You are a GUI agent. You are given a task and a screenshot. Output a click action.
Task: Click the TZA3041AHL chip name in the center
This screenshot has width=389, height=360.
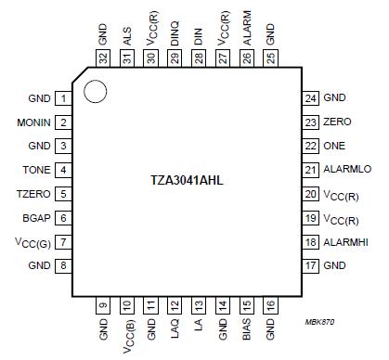pyautogui.click(x=193, y=179)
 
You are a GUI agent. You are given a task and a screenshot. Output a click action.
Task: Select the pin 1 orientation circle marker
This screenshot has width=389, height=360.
pyautogui.click(x=93, y=91)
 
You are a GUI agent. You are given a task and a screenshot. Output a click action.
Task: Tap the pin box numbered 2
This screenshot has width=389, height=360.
pyautogui.click(x=63, y=122)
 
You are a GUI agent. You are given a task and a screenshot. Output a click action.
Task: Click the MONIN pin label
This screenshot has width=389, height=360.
pyautogui.click(x=32, y=122)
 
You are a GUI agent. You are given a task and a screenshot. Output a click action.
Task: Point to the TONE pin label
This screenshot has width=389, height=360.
pyautogui.click(x=36, y=170)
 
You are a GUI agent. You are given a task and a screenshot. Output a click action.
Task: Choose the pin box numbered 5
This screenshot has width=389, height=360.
pyautogui.click(x=63, y=194)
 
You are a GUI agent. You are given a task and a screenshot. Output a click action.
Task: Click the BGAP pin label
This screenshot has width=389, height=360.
pyautogui.click(x=36, y=218)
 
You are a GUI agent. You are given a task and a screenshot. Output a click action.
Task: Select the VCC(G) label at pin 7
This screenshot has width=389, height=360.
pyautogui.click(x=33, y=242)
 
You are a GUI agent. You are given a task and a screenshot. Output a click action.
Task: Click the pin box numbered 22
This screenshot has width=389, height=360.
pyautogui.click(x=310, y=146)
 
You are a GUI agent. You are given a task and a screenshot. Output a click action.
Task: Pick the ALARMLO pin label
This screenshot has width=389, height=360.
pyautogui.click(x=348, y=170)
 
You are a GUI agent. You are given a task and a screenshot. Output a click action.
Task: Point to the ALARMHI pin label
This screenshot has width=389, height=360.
pyautogui.click(x=348, y=242)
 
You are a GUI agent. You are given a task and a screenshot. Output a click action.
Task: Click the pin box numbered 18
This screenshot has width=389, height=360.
pyautogui.click(x=310, y=242)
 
